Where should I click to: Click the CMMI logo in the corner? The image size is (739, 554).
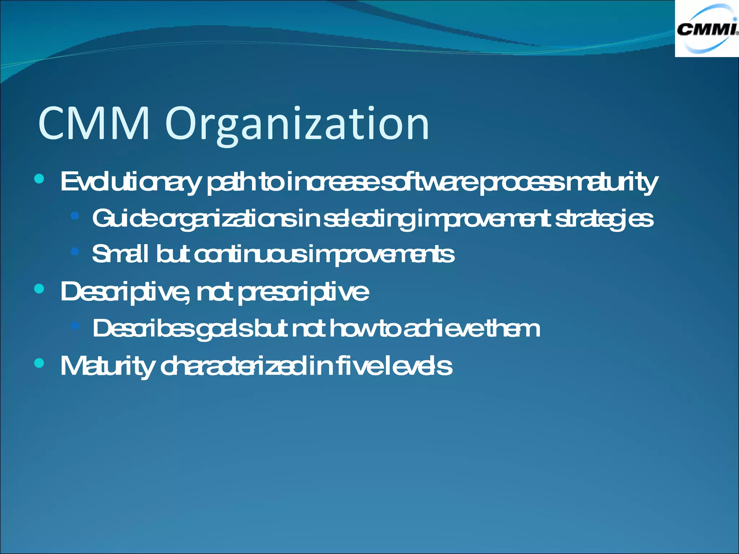pos(707,28)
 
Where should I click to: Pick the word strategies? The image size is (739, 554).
pos(604,219)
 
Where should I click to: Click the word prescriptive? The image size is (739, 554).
pos(303,292)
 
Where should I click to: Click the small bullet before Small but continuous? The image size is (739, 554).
pos(75,251)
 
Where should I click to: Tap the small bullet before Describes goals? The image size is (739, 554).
pos(75,326)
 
